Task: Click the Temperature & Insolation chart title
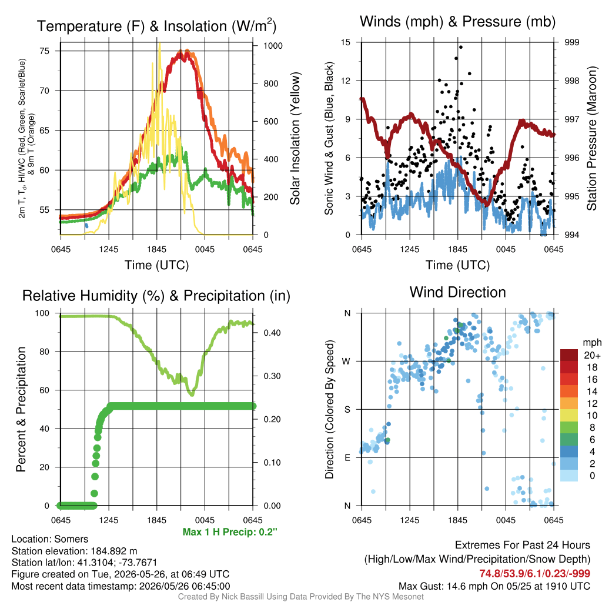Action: tap(156, 26)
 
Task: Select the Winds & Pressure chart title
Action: tap(457, 22)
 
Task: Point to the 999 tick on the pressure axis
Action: tap(571, 42)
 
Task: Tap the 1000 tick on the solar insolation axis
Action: tap(273, 46)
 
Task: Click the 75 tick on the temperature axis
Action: tap(45, 51)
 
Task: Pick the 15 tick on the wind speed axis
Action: tap(346, 42)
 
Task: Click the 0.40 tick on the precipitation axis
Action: tap(272, 333)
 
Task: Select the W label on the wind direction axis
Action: tap(346, 362)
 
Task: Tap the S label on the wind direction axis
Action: tap(347, 410)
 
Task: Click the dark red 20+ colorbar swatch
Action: tap(569, 355)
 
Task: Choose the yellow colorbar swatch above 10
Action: tap(569, 416)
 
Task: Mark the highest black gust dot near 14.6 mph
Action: tap(461, 47)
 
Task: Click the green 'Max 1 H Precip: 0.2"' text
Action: tap(230, 532)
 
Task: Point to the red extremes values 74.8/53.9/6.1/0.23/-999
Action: tap(534, 574)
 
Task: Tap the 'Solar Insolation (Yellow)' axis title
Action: tap(295, 138)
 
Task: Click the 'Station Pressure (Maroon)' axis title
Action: tap(591, 138)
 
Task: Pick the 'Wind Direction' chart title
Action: tap(457, 292)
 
